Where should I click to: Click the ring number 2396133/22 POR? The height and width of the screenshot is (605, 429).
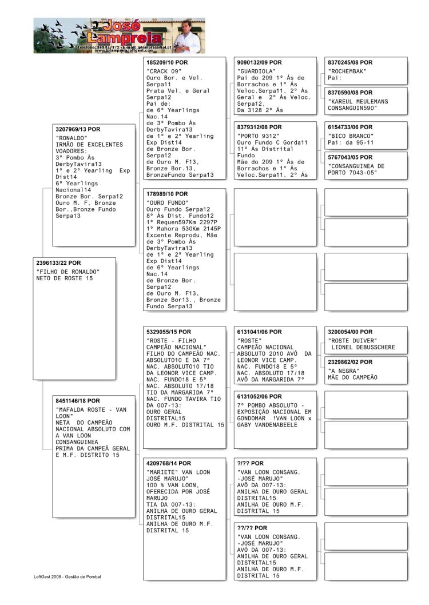tap(59, 262)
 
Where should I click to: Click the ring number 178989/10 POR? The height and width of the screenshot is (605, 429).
tap(167, 194)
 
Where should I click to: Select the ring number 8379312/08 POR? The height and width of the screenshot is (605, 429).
tap(259, 127)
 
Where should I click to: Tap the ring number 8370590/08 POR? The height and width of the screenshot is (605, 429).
tap(350, 93)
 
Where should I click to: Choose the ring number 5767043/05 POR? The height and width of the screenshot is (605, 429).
tap(350, 157)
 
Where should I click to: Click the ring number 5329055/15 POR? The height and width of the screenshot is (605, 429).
tap(169, 332)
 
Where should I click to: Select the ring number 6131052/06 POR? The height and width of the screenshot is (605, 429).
tap(259, 396)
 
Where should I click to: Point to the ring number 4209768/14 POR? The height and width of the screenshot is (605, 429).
tap(169, 463)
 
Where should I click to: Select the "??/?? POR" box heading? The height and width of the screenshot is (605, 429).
tap(252, 528)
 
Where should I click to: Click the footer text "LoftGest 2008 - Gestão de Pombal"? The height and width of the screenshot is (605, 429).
tap(67, 576)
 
